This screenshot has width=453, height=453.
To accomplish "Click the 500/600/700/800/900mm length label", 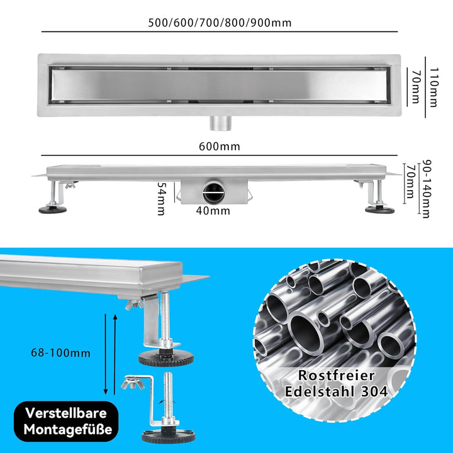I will tap(220, 23).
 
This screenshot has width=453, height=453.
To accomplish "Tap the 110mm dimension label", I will tap(432, 81).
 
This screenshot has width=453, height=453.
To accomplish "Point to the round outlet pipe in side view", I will tap(213, 190).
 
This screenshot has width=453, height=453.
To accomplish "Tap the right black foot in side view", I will tap(379, 208).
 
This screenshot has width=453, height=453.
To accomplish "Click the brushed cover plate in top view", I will tap(220, 85).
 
